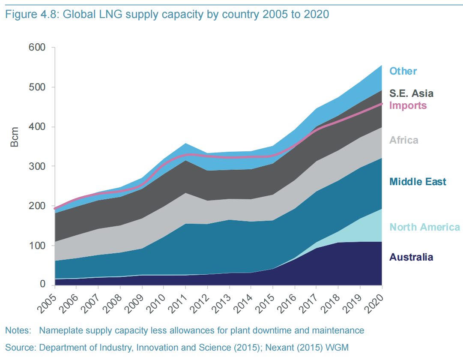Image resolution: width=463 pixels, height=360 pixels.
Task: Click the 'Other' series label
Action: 403,71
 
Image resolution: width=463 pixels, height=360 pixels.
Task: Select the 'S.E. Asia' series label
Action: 411,93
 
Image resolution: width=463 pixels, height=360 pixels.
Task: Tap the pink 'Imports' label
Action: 408,105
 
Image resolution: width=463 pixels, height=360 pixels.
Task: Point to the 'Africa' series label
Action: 403,140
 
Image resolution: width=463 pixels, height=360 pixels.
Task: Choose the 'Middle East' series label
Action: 418,182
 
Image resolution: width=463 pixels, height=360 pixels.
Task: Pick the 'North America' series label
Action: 424,227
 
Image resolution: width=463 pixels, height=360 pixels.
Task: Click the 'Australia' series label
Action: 411,257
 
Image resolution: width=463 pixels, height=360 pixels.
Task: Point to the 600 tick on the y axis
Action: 37,48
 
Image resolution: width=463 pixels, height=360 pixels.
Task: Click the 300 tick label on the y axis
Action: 37,166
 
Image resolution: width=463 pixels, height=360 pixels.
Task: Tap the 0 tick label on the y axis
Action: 43,285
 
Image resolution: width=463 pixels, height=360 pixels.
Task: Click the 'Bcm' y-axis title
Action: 15,137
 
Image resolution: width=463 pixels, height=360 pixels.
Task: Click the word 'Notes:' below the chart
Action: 18,330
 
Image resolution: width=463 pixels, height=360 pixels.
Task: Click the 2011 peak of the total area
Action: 185,144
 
